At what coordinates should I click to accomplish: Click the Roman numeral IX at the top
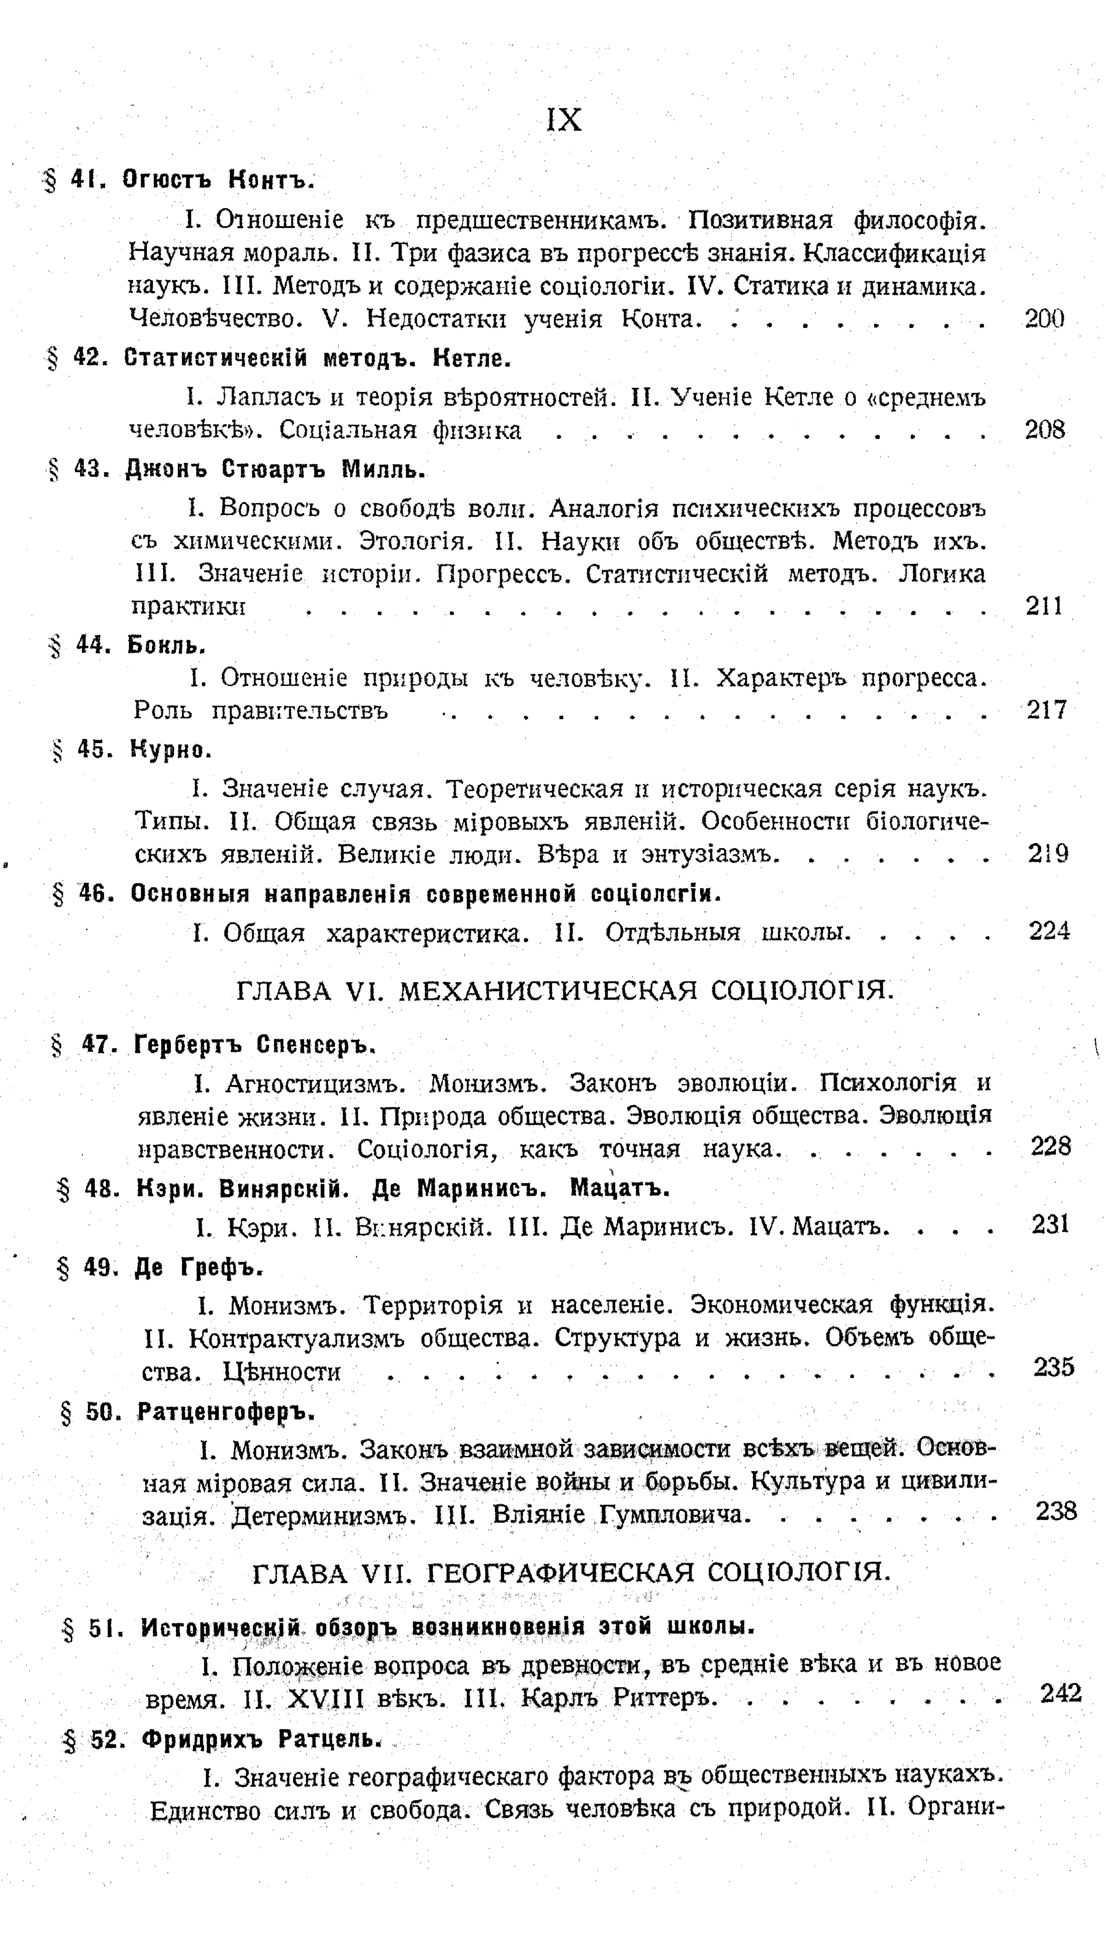point(564,120)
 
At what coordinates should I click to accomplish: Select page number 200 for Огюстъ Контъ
point(1045,319)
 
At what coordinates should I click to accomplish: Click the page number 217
point(1047,710)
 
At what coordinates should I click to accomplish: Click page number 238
point(1056,1511)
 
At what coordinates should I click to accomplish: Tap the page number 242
point(1060,1693)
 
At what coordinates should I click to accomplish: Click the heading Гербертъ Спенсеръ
point(255,1046)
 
